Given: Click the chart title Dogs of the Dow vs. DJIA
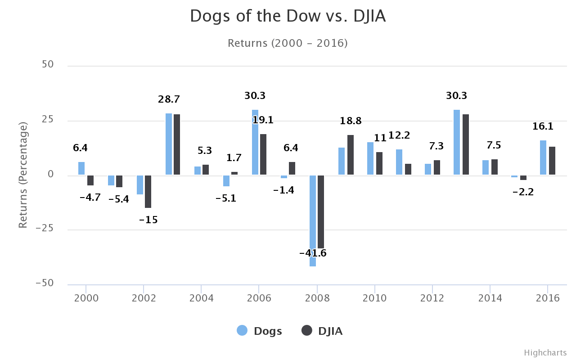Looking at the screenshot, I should click(288, 16).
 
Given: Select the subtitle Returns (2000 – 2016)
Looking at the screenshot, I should click(288, 43).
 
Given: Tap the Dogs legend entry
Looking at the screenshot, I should click(260, 331).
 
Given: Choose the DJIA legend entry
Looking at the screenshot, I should click(322, 331).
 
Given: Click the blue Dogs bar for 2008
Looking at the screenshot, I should click(312, 220).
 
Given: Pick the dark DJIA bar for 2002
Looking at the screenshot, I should click(148, 191).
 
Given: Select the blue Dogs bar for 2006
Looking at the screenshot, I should click(255, 142).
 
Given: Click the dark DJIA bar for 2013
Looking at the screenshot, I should click(466, 144).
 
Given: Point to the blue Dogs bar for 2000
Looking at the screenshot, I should click(81, 168).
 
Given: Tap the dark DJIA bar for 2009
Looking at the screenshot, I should click(351, 155).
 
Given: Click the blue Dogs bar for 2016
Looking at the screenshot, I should click(543, 157).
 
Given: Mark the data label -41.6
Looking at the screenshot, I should click(313, 253).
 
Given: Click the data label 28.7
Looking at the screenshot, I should click(169, 99).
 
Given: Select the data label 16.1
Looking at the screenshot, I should click(543, 126).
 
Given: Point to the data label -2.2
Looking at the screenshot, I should click(523, 192).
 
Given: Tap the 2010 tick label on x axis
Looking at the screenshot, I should click(375, 298).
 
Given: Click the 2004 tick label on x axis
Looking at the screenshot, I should click(201, 298).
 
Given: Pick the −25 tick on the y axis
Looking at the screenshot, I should click(45, 228).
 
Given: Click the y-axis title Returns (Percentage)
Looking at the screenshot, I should click(23, 175).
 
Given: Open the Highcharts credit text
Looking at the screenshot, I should click(545, 353).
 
